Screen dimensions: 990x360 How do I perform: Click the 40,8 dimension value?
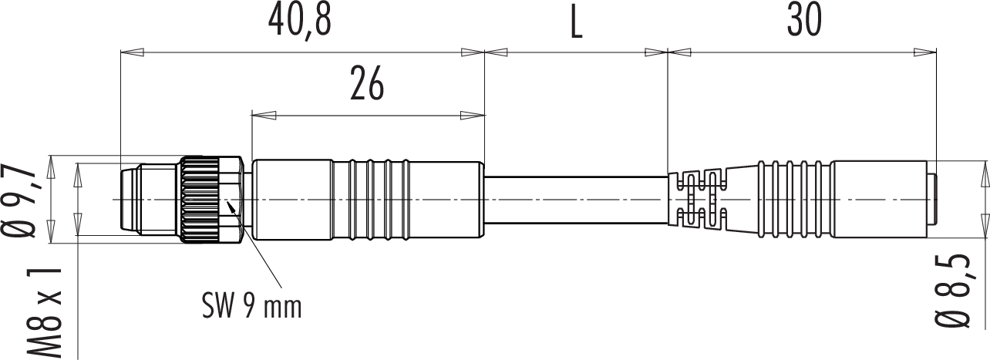[300, 21]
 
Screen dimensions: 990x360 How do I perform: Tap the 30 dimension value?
[804, 21]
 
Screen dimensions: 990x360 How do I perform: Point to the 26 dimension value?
[367, 83]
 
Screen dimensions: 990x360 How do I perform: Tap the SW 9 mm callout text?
[252, 306]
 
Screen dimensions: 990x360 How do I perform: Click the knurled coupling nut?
[198, 200]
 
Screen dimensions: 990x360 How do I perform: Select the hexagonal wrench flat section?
[231, 200]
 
